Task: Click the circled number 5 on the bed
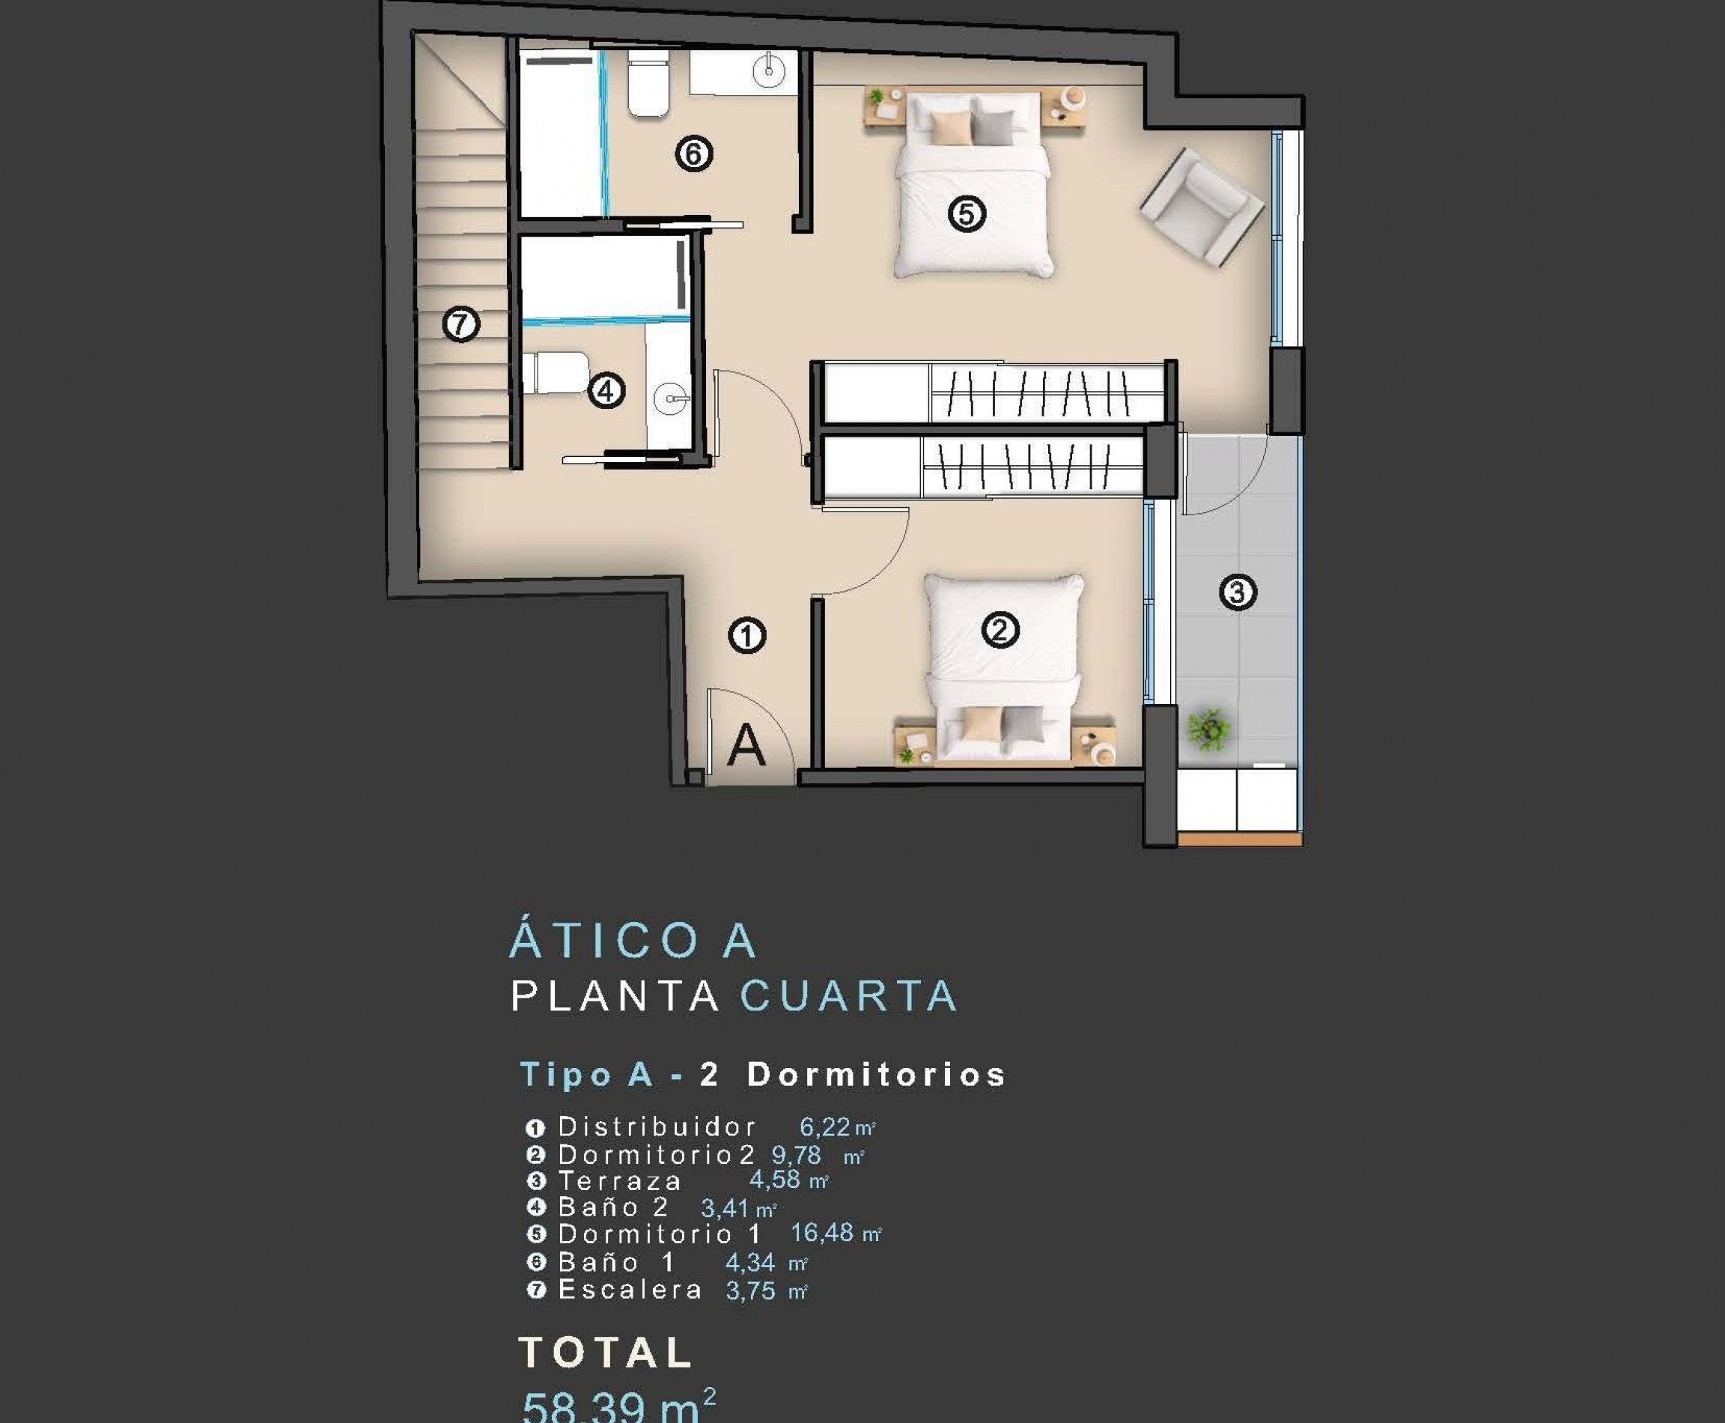tap(966, 215)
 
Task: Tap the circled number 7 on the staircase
tap(460, 324)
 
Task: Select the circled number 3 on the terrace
tap(1238, 592)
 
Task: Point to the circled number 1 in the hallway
tap(746, 636)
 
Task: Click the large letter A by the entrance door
tap(746, 745)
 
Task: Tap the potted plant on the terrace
tap(1208, 729)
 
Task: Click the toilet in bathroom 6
tap(648, 83)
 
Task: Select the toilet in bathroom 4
tap(557, 373)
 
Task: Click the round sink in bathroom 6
tap(769, 70)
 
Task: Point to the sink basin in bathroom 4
tap(672, 399)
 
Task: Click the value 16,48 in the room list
tap(822, 1233)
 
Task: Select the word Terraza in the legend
tap(619, 1181)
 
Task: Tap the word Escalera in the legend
tap(630, 1290)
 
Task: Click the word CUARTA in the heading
tap(849, 997)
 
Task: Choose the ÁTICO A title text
tap(633, 941)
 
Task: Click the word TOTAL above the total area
tap(606, 1353)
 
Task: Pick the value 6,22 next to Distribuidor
tap(824, 1127)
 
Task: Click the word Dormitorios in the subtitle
tap(876, 1075)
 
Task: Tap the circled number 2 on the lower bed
tap(1000, 631)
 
